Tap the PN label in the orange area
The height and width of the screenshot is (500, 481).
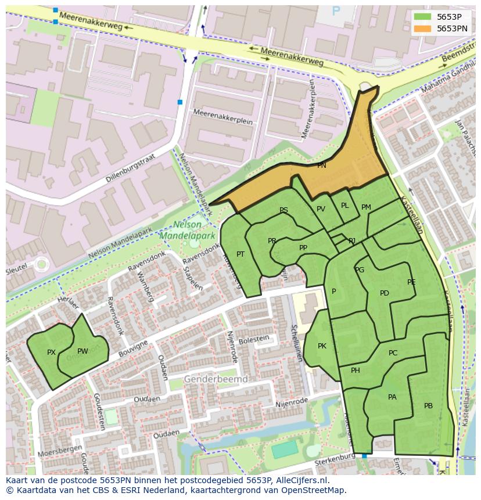tap(321, 166)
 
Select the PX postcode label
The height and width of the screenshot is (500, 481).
tap(51, 352)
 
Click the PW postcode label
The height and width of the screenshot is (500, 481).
tap(82, 351)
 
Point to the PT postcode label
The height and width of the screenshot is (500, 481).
tap(240, 254)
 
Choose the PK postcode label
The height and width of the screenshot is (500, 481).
tap(322, 346)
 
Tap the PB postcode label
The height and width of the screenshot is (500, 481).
tap(428, 406)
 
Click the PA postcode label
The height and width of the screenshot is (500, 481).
tap(392, 397)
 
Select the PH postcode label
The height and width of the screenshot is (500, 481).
tap(356, 370)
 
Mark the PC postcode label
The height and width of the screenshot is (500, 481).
tap(393, 353)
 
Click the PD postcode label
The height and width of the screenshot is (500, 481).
tap(384, 293)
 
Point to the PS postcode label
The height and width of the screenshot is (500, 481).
tap(283, 210)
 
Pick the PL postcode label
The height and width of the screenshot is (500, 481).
tap(344, 206)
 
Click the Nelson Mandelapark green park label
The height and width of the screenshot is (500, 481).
tap(188, 231)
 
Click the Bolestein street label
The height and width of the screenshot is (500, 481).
tap(254, 339)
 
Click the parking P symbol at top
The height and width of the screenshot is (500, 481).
tap(336, 11)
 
